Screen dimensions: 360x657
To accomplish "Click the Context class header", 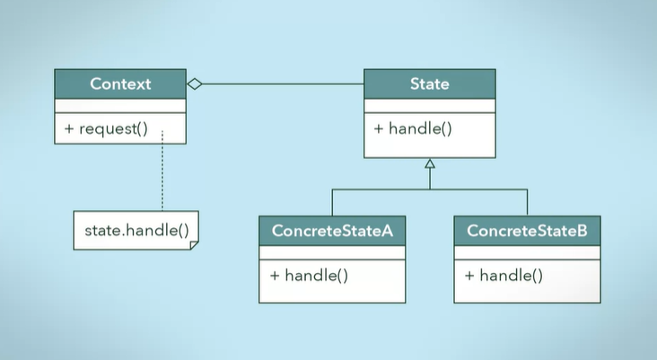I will pyautogui.click(x=120, y=84).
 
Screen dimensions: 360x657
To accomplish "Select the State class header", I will pyautogui.click(x=429, y=84).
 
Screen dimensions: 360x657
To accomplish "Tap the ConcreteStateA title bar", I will pyautogui.click(x=332, y=232).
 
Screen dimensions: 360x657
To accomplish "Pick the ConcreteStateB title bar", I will pyautogui.click(x=527, y=232).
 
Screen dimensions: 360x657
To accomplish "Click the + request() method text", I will pyautogui.click(x=105, y=128).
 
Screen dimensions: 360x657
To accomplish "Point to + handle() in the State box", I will pyautogui.click(x=412, y=128).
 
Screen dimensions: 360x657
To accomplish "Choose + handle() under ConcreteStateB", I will pyautogui.click(x=504, y=275).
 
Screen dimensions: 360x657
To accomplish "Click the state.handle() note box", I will pyautogui.click(x=136, y=231).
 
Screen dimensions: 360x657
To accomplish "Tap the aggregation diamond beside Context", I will pyautogui.click(x=194, y=84).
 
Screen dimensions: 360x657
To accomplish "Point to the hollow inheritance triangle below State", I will pyautogui.click(x=430, y=163).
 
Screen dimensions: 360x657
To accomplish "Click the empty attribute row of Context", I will pyautogui.click(x=120, y=106).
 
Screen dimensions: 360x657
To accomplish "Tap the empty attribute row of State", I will pyautogui.click(x=429, y=106).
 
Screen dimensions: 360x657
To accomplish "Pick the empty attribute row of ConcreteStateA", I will pyautogui.click(x=332, y=253).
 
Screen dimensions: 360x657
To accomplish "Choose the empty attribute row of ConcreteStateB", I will pyautogui.click(x=527, y=253).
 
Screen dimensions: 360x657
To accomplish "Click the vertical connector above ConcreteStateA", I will pyautogui.click(x=332, y=203).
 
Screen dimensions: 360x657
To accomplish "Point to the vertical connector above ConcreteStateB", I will pyautogui.click(x=527, y=203).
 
